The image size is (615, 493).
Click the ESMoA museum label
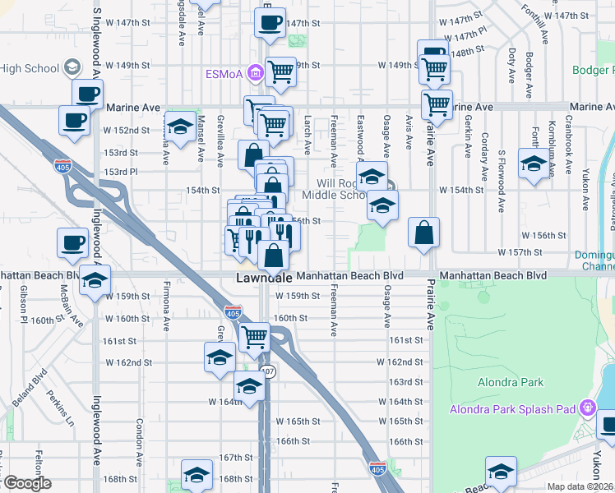tap(224, 74)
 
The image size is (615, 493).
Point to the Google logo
tap(26, 483)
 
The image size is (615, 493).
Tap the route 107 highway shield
tap(270, 373)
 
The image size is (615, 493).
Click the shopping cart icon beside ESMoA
tap(280, 72)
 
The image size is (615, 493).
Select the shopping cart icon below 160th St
tap(255, 335)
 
